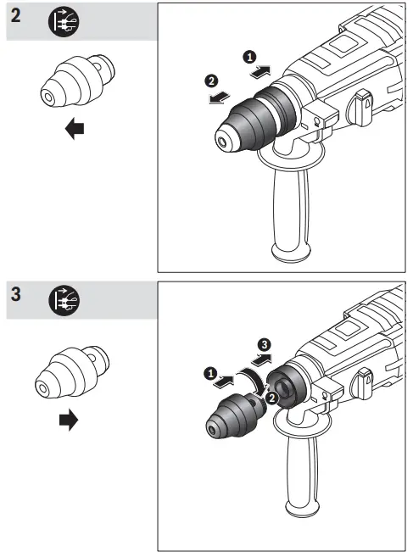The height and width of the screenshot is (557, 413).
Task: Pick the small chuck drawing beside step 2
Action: tap(75, 85)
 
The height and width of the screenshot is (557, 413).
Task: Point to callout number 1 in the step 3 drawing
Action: tap(209, 372)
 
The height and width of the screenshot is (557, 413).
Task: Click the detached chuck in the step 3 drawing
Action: tap(232, 416)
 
